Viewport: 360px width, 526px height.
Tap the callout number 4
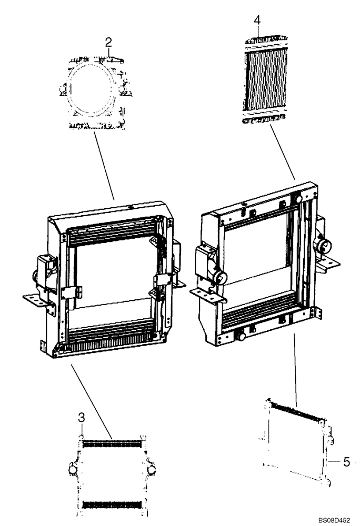tap(257, 20)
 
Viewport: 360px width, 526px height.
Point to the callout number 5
tap(346, 462)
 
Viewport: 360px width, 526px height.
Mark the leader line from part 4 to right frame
tap(282, 152)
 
